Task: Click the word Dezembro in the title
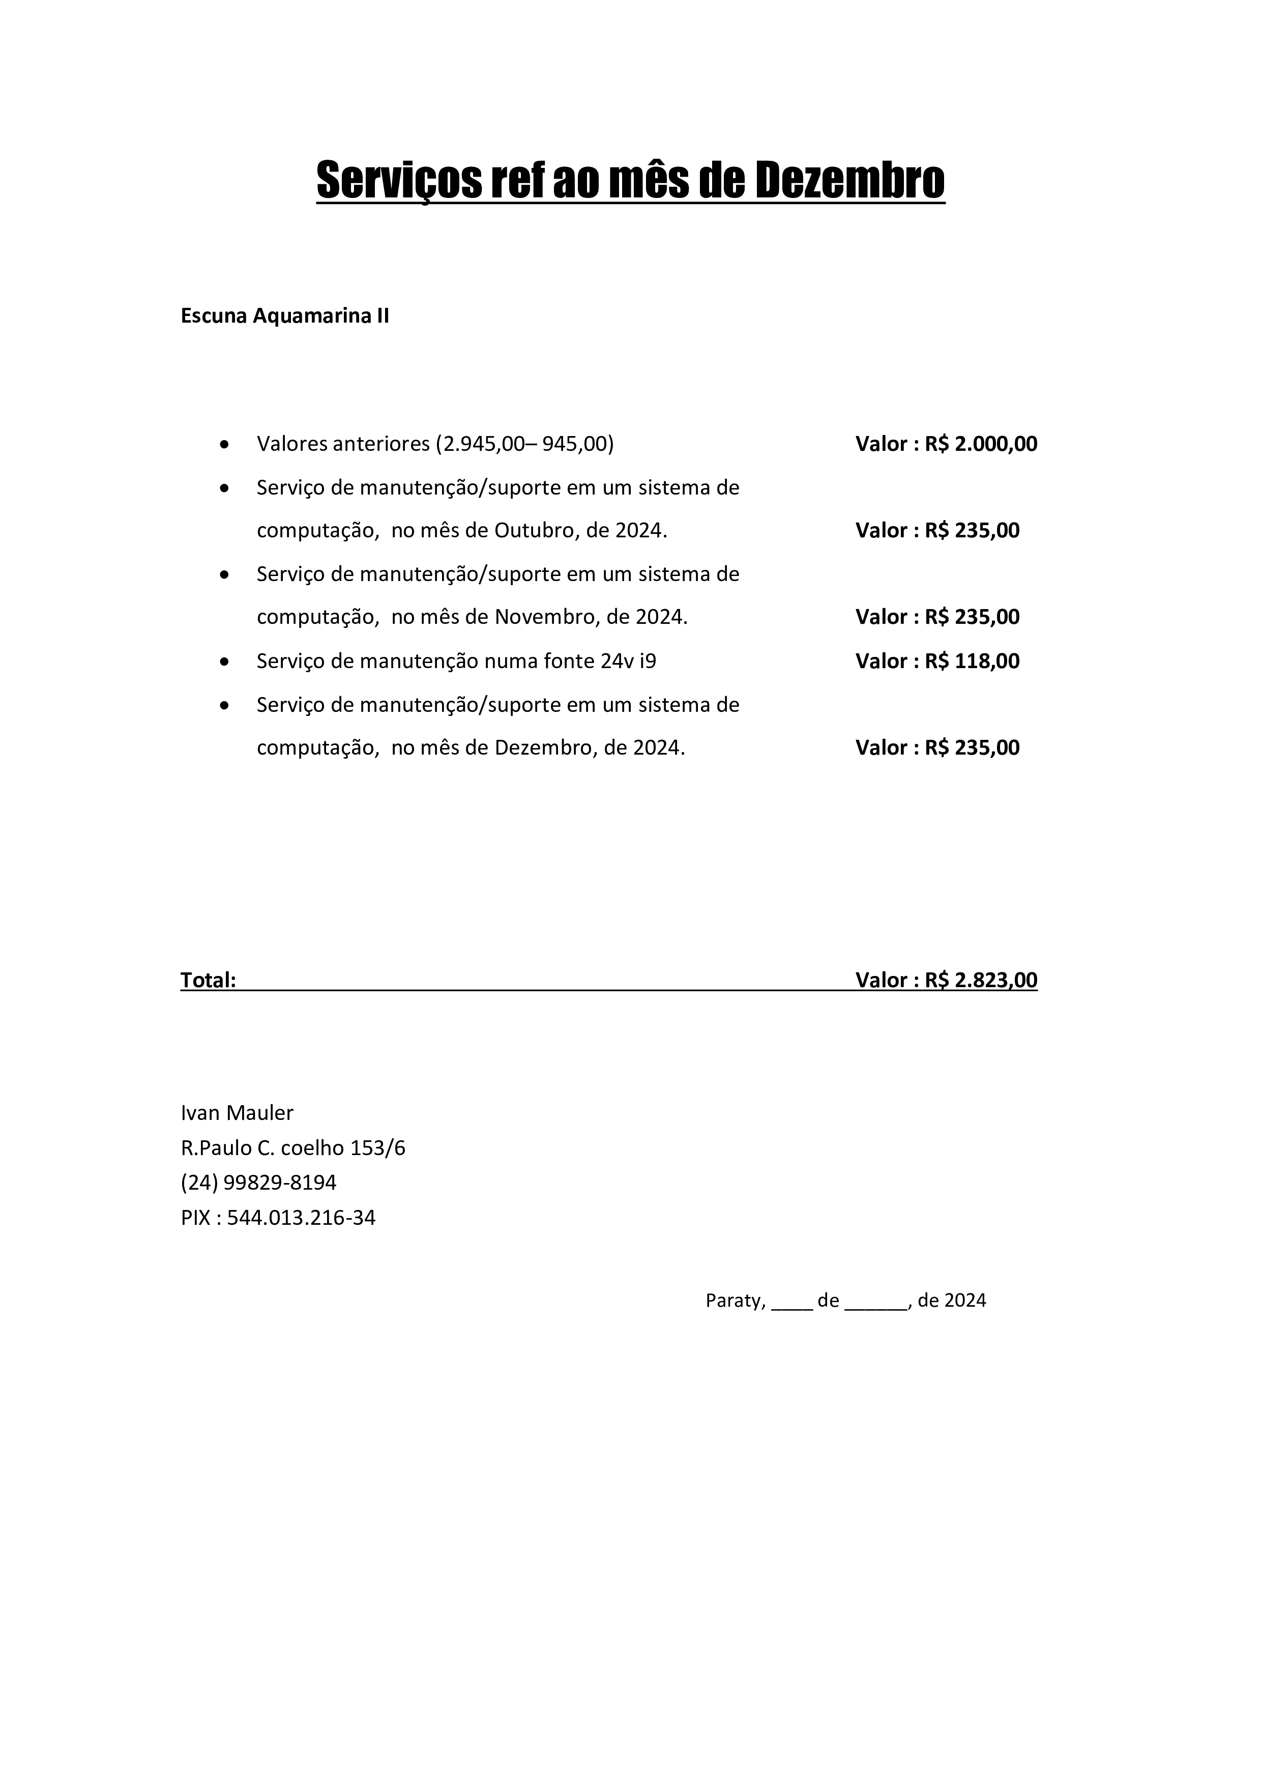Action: pos(849,180)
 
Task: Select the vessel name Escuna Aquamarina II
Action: pos(284,316)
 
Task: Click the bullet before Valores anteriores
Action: pos(225,445)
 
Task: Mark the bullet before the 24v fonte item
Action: pos(225,661)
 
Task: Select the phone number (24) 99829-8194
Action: pos(259,1183)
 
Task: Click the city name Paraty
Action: pos(733,1301)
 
